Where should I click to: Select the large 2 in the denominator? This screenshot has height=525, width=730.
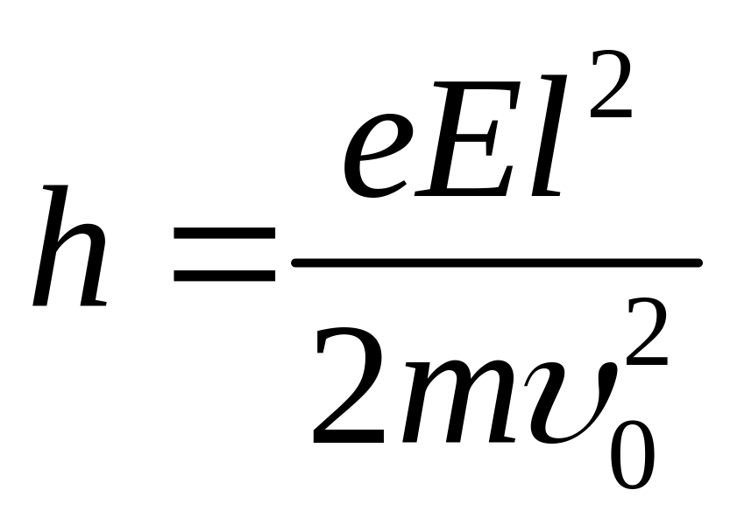[x=351, y=385]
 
